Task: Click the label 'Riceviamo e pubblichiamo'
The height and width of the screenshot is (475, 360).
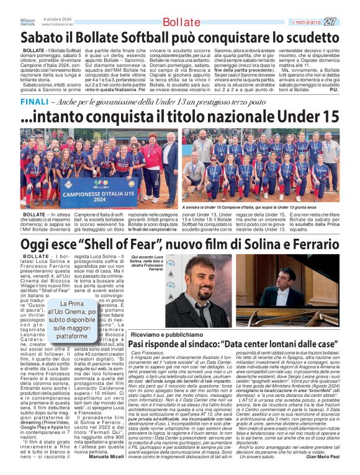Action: tap(158, 335)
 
